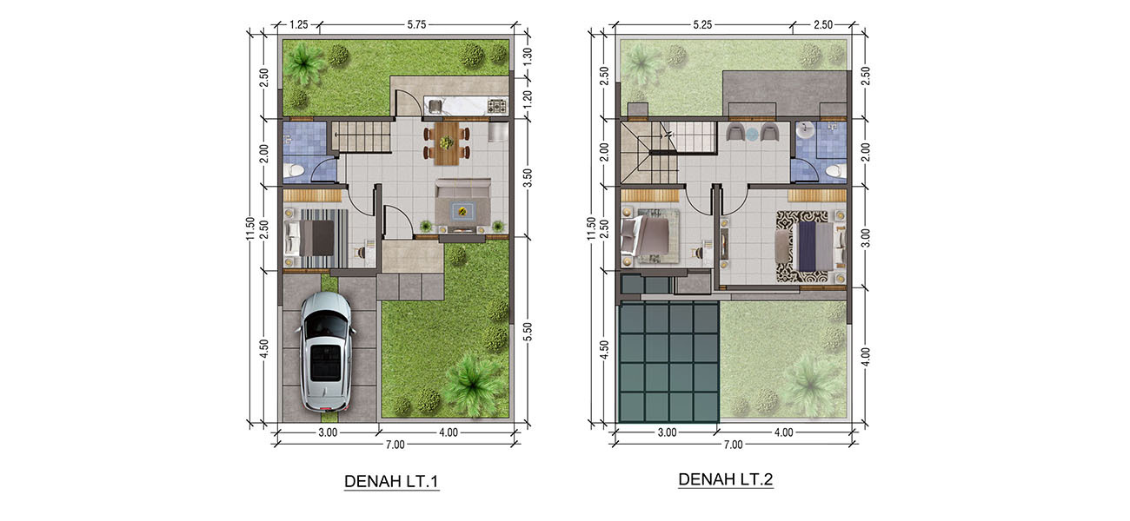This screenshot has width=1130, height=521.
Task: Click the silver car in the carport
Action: pyautogui.click(x=326, y=351)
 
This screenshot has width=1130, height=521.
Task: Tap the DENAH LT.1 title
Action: pyautogui.click(x=391, y=482)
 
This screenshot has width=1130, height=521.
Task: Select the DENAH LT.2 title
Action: pyautogui.click(x=726, y=479)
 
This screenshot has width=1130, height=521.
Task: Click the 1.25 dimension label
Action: pyautogui.click(x=299, y=24)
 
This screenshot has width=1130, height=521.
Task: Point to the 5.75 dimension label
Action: pyautogui.click(x=416, y=24)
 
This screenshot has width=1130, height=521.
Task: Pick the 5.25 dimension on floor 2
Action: pyautogui.click(x=702, y=24)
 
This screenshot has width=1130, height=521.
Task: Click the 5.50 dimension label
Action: pyautogui.click(x=527, y=332)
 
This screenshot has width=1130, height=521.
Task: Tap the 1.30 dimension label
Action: pyautogui.click(x=527, y=54)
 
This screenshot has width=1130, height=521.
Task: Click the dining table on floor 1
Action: pyautogui.click(x=447, y=143)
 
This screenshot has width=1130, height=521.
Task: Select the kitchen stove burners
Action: pyautogui.click(x=496, y=106)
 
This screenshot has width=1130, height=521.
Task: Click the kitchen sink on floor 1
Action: pyautogui.click(x=435, y=106)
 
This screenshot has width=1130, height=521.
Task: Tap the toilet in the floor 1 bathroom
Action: pyautogui.click(x=293, y=171)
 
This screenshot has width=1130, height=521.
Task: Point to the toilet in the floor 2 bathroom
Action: pyautogui.click(x=836, y=171)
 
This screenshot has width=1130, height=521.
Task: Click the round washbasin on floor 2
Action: pyautogui.click(x=805, y=129)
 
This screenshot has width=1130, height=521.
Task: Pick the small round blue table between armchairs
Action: pyautogui.click(x=752, y=134)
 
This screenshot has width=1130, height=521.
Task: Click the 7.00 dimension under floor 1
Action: pyautogui.click(x=395, y=445)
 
